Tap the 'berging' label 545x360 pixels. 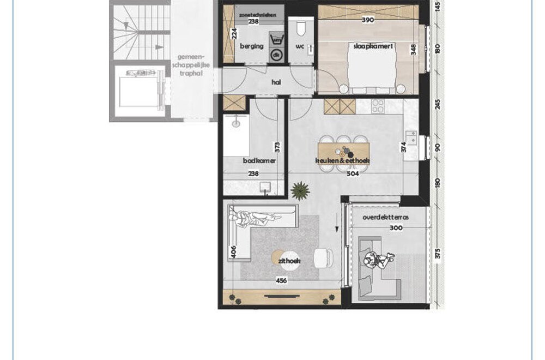coord(251,46)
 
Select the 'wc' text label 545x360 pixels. coord(299,46)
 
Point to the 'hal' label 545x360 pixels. coord(276,82)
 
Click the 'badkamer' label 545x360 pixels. coord(259,161)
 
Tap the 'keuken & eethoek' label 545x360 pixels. coord(342,161)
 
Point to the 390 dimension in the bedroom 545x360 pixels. coord(368,20)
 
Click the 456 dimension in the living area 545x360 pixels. coord(281,281)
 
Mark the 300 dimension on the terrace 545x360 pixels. coord(397,229)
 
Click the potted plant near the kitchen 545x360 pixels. coord(300,190)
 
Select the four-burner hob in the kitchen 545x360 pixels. coord(377,106)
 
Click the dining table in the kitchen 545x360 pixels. coord(343,153)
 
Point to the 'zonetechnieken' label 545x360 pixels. coord(254,14)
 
